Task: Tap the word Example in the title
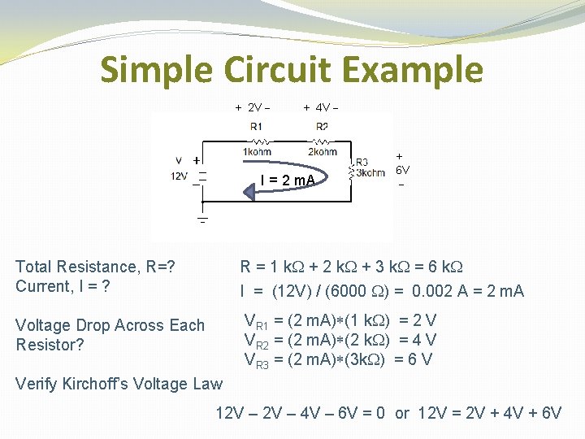(411, 71)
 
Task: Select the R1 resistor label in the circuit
(256, 126)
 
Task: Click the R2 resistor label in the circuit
(323, 126)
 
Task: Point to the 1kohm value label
(257, 152)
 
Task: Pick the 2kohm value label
(323, 152)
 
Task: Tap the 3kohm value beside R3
(370, 172)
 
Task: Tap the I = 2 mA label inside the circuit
(288, 179)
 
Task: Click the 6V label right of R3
(402, 170)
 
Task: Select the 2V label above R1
(253, 106)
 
